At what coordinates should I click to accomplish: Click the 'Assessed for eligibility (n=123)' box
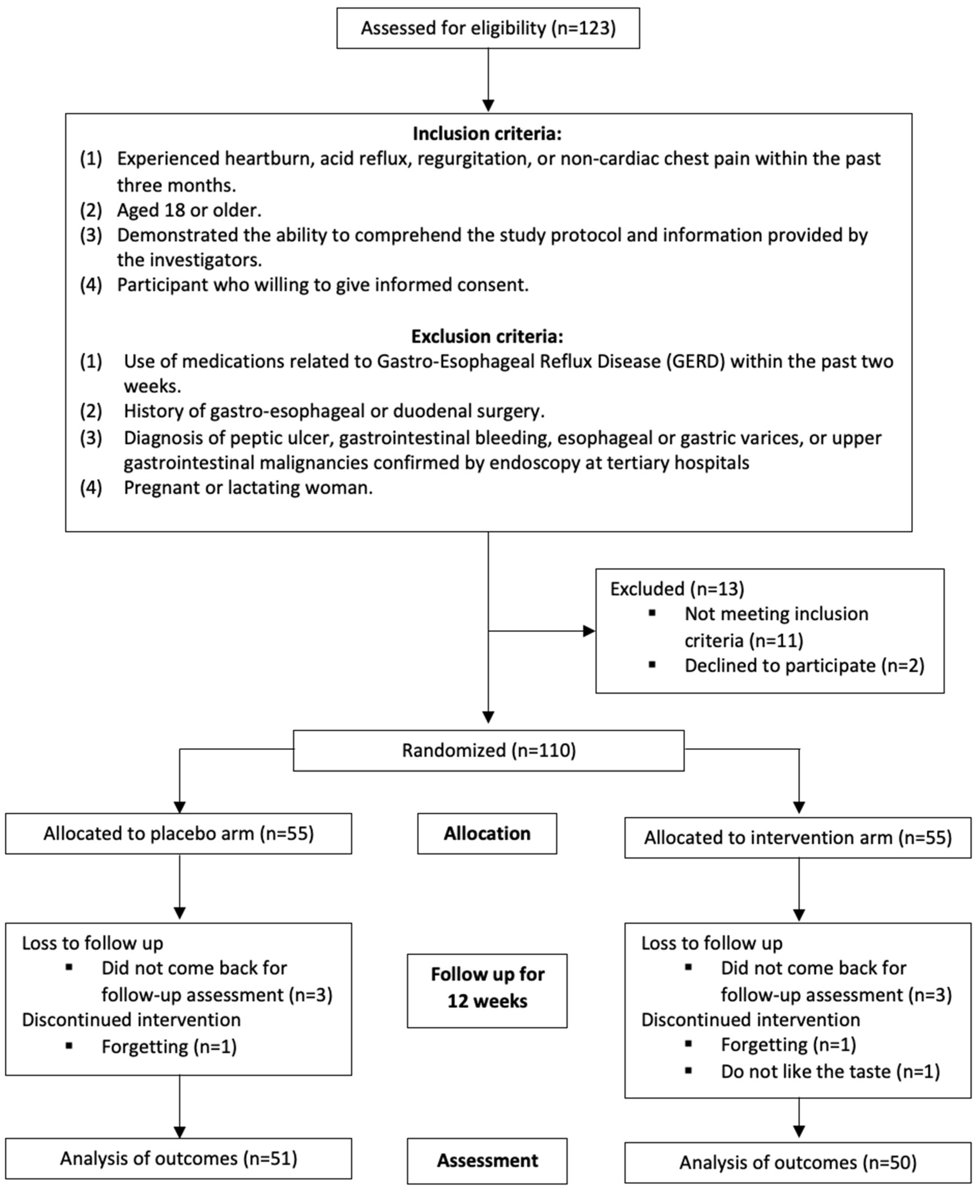(488, 28)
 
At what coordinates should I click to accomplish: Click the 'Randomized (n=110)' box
(488, 750)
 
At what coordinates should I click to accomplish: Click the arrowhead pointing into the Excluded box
(589, 631)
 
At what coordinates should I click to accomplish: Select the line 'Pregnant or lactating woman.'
(248, 487)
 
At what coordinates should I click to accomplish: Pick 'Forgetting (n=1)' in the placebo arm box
(169, 1047)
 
